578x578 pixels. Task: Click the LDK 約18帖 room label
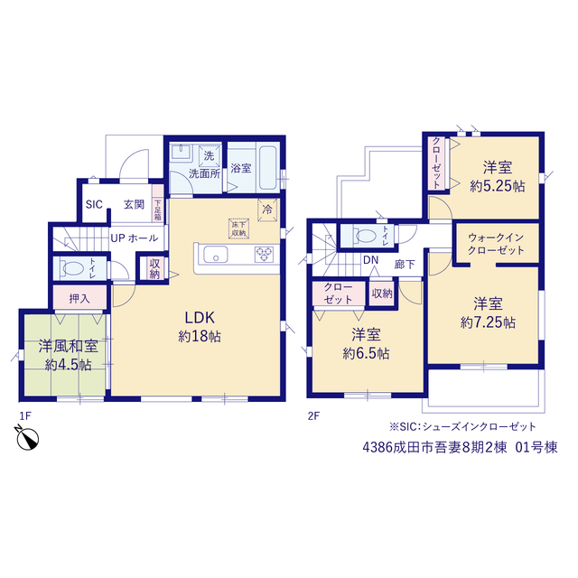pyautogui.click(x=200, y=327)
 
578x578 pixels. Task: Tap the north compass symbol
pyautogui.click(x=27, y=438)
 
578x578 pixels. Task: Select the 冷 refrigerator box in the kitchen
pyautogui.click(x=267, y=210)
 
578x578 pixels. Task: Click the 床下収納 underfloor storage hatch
pyautogui.click(x=238, y=228)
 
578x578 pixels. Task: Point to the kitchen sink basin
pyautogui.click(x=216, y=255)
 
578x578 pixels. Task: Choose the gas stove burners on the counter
pyautogui.click(x=264, y=255)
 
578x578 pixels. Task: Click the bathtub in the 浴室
pyautogui.click(x=268, y=168)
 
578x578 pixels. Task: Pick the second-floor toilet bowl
pyautogui.click(x=365, y=236)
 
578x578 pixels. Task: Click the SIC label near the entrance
pyautogui.click(x=94, y=204)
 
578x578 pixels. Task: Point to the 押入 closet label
pyautogui.click(x=79, y=298)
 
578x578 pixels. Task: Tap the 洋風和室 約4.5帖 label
pyautogui.click(x=69, y=355)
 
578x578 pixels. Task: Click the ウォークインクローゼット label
pyautogui.click(x=496, y=244)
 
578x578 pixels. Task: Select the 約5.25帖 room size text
pyautogui.click(x=498, y=187)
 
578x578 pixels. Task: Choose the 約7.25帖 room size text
pyautogui.click(x=488, y=323)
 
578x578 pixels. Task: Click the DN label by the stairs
pyautogui.click(x=371, y=260)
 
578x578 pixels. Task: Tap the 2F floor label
pyautogui.click(x=313, y=416)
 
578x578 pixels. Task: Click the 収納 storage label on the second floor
pyautogui.click(x=382, y=294)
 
